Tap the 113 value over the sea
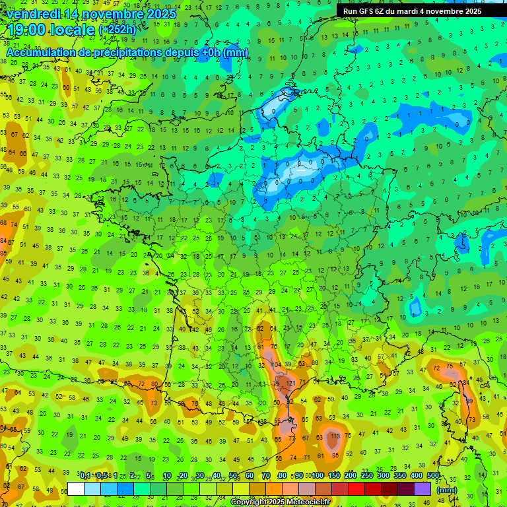tap(335, 436)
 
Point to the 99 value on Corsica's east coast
tap(469, 401)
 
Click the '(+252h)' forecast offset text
tap(118, 30)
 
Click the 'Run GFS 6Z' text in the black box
tap(366, 11)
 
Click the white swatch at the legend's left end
tap(76, 489)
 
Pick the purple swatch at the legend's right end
tap(422, 489)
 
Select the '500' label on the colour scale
tap(433, 476)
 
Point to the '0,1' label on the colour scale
tap(85, 476)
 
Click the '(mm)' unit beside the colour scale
tap(447, 490)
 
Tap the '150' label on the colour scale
tap(334, 476)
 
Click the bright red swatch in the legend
tap(356, 489)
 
